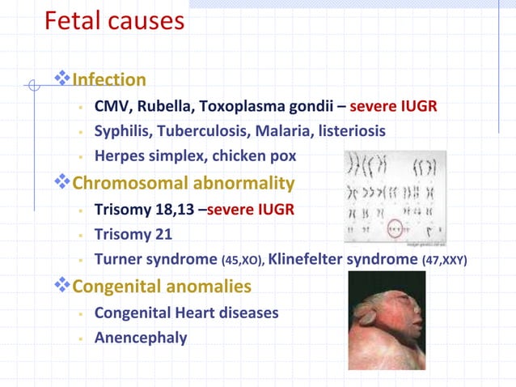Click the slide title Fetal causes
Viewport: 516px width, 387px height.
(x=114, y=21)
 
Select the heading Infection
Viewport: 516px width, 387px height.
(x=109, y=79)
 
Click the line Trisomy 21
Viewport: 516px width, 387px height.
(x=133, y=235)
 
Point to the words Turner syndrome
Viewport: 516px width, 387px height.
(x=155, y=260)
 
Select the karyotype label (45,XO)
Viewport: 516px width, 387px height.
(x=241, y=262)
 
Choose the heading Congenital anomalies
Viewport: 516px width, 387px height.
(x=162, y=287)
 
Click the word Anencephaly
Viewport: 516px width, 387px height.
(x=141, y=337)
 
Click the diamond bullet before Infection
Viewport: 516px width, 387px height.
(x=62, y=79)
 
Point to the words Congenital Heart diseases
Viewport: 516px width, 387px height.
(x=187, y=312)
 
